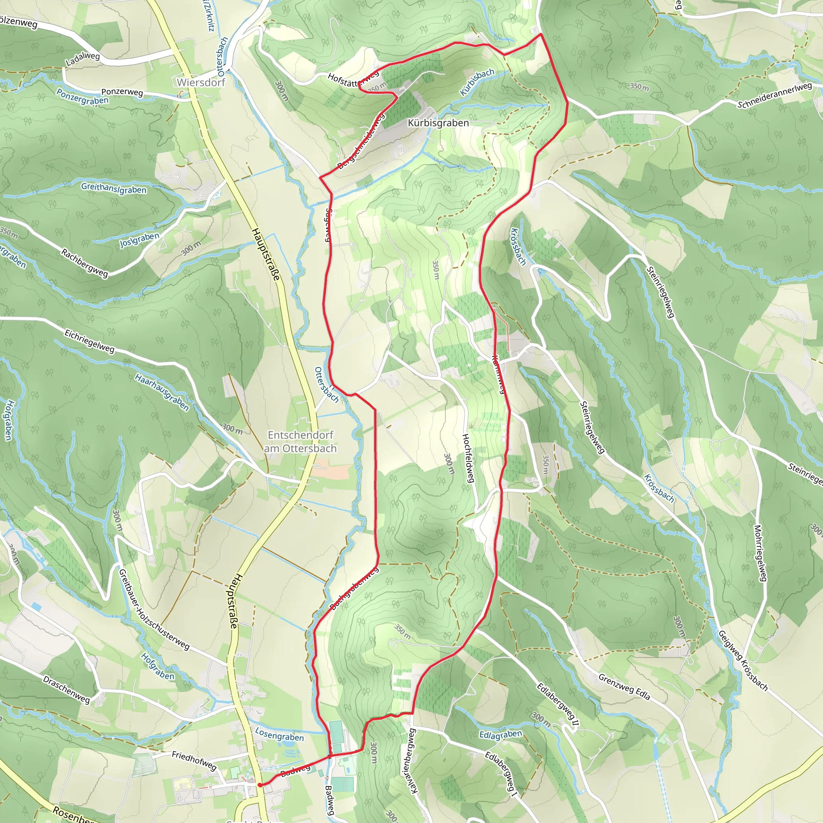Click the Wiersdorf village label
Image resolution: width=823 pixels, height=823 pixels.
[201, 82]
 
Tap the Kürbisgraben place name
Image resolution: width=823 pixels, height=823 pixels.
[438, 123]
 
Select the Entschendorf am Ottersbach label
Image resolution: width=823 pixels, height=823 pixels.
[300, 442]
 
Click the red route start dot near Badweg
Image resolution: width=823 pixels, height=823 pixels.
[260, 785]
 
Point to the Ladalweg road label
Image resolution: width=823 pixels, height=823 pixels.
[83, 59]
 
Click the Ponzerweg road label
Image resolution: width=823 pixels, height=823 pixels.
[122, 92]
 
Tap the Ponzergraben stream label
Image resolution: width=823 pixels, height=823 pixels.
[83, 97]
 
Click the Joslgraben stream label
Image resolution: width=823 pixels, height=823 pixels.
[139, 240]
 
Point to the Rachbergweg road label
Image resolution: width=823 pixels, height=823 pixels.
[84, 263]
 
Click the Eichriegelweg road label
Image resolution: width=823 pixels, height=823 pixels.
[90, 341]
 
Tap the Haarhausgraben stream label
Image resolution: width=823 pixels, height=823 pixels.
[162, 392]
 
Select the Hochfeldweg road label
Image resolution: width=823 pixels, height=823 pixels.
[468, 458]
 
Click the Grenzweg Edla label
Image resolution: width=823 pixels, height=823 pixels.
[624, 687]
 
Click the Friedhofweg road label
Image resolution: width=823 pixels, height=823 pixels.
[194, 760]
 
